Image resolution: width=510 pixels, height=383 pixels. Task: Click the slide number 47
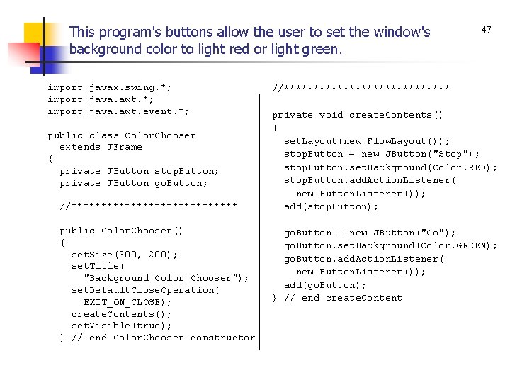(x=486, y=30)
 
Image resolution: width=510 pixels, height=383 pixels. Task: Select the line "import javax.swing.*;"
(x=110, y=88)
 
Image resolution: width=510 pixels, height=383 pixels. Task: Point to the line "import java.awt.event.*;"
(x=118, y=111)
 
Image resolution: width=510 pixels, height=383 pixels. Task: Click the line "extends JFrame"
(x=101, y=148)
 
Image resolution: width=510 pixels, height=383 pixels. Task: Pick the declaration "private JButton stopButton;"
(x=140, y=171)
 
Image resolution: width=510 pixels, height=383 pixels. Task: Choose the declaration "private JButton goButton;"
(x=134, y=183)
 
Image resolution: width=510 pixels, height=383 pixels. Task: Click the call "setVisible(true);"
(x=122, y=326)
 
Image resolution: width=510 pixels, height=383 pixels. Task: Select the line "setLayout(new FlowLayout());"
(x=367, y=141)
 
